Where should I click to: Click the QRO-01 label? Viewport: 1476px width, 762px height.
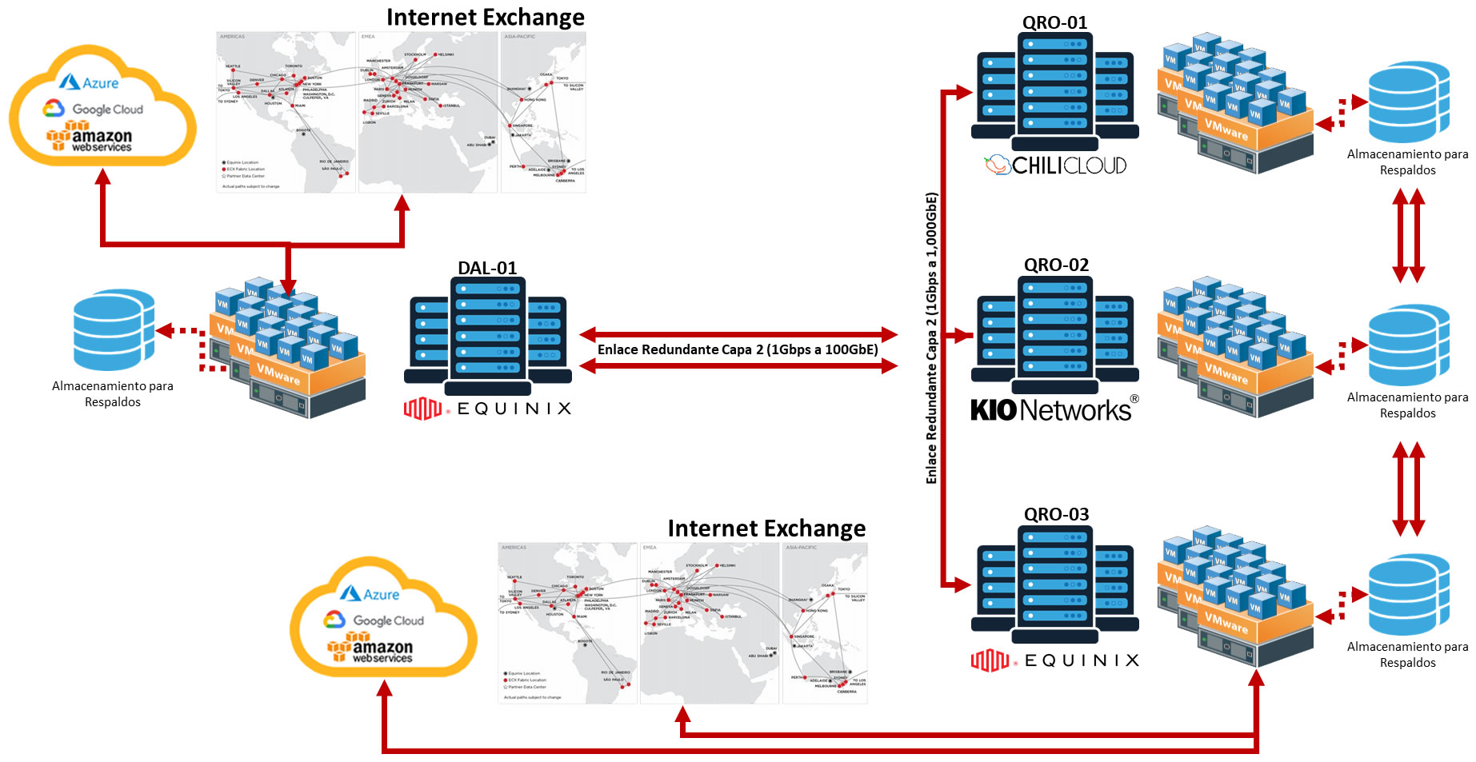[x=1054, y=22]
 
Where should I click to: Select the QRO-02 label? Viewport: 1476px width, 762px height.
[x=1056, y=265]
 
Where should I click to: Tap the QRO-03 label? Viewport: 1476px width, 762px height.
[x=1056, y=514]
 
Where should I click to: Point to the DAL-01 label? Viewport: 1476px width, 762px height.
[x=487, y=268]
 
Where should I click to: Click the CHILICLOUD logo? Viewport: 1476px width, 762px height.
[x=1055, y=166]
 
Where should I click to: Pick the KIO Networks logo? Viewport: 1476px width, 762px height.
[x=1054, y=410]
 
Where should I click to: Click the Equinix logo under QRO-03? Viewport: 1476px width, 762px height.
[x=1054, y=660]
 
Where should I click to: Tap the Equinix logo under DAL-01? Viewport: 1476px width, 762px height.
[x=487, y=409]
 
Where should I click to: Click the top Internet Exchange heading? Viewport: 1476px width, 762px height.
[x=485, y=18]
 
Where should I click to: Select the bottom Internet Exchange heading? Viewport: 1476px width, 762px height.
[x=766, y=529]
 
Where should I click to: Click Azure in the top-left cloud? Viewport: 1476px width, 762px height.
[x=90, y=83]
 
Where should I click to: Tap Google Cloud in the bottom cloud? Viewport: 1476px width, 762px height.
[x=374, y=620]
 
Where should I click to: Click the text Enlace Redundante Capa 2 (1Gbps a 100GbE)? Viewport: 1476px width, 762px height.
[x=738, y=349]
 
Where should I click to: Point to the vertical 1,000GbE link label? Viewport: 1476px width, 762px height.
[x=931, y=337]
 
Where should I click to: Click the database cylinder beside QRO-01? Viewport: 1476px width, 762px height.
[x=1409, y=102]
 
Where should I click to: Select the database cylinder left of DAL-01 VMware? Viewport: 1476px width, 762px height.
[x=114, y=329]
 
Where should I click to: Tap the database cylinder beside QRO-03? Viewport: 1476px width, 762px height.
[x=1409, y=595]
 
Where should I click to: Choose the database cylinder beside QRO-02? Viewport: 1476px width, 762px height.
[x=1409, y=345]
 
